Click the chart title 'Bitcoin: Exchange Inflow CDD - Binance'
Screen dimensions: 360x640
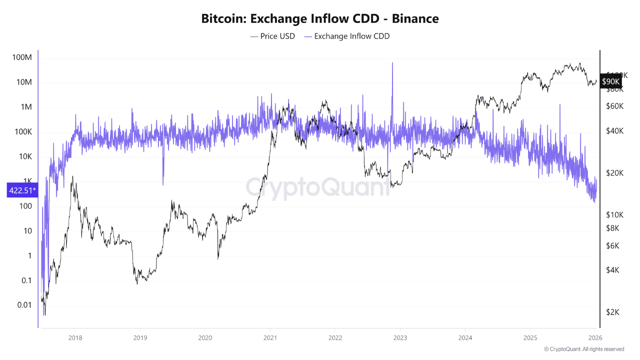(320, 19)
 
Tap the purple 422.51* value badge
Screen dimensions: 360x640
(22, 190)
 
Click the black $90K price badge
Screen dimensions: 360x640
(610, 81)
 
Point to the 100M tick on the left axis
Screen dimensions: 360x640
(22, 57)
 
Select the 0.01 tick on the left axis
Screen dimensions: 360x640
(23, 305)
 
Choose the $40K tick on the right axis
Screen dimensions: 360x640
(614, 130)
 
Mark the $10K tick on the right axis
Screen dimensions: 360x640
(614, 214)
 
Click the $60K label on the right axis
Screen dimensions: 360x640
(614, 106)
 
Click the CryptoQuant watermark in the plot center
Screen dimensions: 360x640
(317, 187)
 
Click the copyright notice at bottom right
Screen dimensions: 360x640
(583, 349)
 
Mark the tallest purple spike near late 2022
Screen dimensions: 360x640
(392, 64)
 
